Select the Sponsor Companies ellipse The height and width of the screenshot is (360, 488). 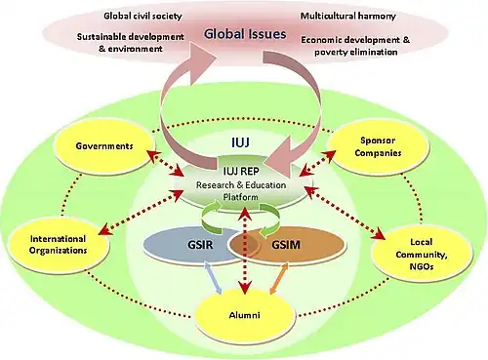click(378, 146)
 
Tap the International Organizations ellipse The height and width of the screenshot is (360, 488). click(59, 245)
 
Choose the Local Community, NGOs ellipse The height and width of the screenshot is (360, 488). click(422, 254)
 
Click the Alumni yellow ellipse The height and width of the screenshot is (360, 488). click(245, 315)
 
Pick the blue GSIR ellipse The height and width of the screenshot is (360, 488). click(195, 245)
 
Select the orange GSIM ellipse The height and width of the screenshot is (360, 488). click(286, 245)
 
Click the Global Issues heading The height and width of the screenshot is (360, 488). click(245, 34)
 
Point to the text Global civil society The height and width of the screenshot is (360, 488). click(142, 16)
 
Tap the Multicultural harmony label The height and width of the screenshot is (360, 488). click(348, 16)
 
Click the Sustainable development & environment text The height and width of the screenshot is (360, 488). click(131, 43)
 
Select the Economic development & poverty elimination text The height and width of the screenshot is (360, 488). click(355, 46)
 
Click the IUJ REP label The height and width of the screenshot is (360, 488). click(241, 171)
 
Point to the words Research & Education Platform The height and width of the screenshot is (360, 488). click(241, 191)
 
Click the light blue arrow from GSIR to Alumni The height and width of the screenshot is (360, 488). click(213, 278)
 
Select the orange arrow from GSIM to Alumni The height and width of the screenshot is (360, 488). click(279, 278)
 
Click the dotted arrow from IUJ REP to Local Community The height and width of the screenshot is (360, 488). click(345, 213)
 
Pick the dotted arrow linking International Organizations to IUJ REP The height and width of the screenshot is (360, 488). click(141, 212)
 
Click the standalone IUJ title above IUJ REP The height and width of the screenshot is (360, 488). click(241, 142)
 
